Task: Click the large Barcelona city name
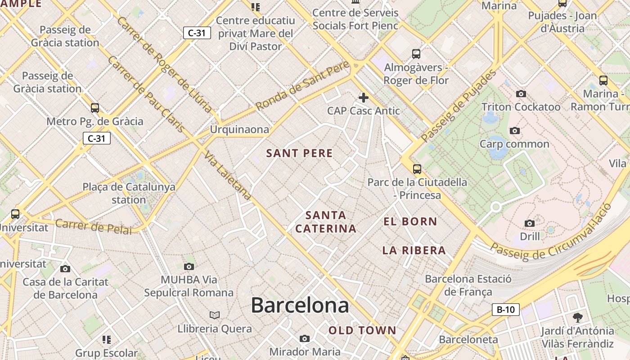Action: [x=300, y=306]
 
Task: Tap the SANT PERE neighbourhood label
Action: [x=299, y=153]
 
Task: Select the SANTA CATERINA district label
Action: [x=326, y=222]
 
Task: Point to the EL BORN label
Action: [x=410, y=221]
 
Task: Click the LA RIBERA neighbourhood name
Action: [x=414, y=251]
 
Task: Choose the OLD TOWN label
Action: [x=362, y=331]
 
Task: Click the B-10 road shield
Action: [x=506, y=310]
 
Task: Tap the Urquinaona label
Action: [x=239, y=130]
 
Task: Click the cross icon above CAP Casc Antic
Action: [x=363, y=97]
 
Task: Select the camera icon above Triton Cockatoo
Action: [x=521, y=94]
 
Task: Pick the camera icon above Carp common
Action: [x=515, y=130]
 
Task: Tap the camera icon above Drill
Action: [x=530, y=223]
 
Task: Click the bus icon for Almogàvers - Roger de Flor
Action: [x=416, y=54]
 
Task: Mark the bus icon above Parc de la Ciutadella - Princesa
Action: [x=417, y=169]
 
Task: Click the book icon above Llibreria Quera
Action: [x=215, y=315]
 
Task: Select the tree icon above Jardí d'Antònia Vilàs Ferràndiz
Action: [x=577, y=318]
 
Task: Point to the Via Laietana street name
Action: [x=227, y=176]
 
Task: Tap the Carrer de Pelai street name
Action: [x=94, y=227]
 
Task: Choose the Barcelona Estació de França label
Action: [x=468, y=285]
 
